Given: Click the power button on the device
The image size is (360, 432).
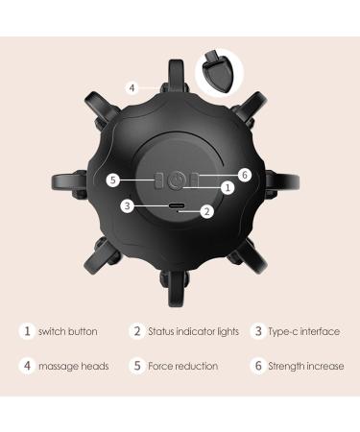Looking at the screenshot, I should [x=179, y=180].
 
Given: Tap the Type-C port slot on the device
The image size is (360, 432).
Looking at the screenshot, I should [x=179, y=205].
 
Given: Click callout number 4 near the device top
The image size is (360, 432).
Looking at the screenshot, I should [x=133, y=87].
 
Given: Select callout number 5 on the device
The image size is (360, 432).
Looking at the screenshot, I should [x=112, y=180].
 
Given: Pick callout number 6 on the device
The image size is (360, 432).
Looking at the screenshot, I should [x=246, y=175].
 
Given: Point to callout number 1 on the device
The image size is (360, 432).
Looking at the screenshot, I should [x=228, y=189].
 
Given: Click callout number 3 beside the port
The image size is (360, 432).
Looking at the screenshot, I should [x=127, y=205].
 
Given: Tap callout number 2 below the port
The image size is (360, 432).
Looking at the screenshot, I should [x=207, y=212].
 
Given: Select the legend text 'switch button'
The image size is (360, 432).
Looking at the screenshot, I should [x=67, y=332].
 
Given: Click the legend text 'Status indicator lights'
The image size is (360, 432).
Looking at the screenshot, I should [x=193, y=332].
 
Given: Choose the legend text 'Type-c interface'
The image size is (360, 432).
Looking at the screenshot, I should [x=304, y=332].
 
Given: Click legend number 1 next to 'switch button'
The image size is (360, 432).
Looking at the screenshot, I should [x=27, y=332].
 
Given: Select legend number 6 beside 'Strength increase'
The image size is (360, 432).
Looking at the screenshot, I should [x=257, y=366].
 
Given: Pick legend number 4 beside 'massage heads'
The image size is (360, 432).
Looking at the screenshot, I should [x=27, y=366].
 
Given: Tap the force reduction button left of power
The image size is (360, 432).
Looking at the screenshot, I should [x=159, y=180].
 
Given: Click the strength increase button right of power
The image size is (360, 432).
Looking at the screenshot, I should [x=198, y=180].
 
